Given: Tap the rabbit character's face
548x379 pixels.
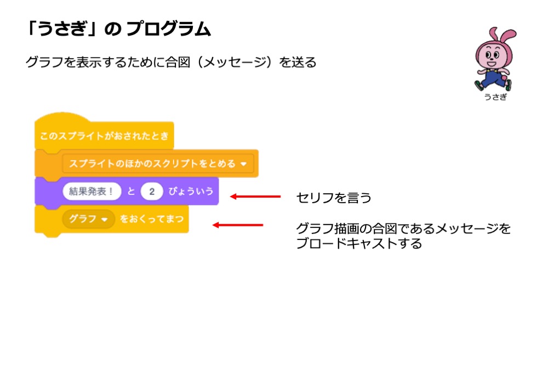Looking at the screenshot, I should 490,55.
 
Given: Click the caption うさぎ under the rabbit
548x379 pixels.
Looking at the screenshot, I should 495,97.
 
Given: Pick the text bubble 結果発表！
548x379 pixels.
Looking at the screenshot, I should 92,192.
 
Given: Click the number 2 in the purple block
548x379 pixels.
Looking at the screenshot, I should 152,192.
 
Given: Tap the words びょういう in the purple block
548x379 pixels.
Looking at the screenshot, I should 191,192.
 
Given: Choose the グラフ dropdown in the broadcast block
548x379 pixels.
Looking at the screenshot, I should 88,220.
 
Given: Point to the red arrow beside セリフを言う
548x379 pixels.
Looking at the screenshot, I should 255,197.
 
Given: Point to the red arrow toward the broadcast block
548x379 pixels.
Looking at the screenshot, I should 238,225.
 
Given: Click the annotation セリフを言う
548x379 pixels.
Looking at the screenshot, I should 334,198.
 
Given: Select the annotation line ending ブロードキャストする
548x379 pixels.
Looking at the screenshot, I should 359,244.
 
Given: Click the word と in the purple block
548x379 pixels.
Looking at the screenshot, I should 131,192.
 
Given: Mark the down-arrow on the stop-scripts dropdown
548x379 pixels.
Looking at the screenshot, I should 243,164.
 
